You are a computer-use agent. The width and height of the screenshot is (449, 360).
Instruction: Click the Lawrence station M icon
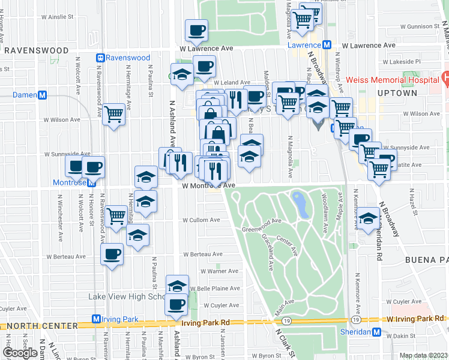(x=327, y=45)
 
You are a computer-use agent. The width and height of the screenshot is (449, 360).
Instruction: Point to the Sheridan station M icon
(x=376, y=332)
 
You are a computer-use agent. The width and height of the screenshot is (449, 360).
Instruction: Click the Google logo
(x=20, y=353)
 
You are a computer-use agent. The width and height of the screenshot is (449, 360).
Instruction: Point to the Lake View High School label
(x=126, y=296)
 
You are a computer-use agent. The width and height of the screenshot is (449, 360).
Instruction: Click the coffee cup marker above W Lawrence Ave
(x=197, y=29)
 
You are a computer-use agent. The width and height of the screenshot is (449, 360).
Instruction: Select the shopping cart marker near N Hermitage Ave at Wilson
(x=114, y=113)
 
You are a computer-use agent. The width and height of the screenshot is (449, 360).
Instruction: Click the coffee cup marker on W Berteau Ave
(x=111, y=254)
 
